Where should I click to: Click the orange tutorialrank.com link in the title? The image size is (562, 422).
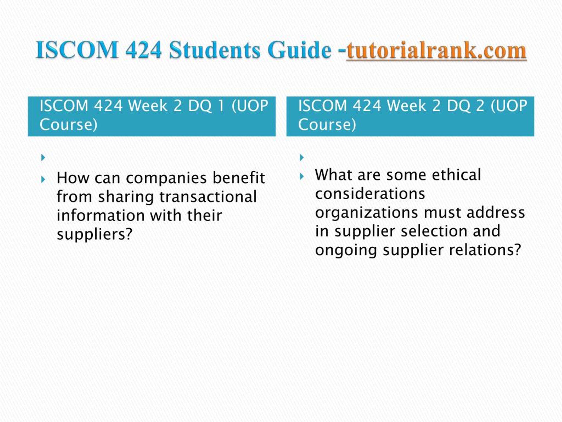point(436,50)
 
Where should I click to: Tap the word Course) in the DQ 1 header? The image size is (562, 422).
point(68,125)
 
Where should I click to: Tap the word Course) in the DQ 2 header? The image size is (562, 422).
point(327,125)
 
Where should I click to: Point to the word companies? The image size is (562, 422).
point(166,178)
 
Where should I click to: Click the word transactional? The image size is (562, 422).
point(208,197)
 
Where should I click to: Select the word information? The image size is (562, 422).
point(101,215)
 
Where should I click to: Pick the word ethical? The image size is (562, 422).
point(456,175)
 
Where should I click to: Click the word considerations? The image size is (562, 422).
point(370,194)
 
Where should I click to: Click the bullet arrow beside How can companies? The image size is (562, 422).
point(43,180)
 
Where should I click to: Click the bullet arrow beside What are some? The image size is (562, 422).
point(302,176)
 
